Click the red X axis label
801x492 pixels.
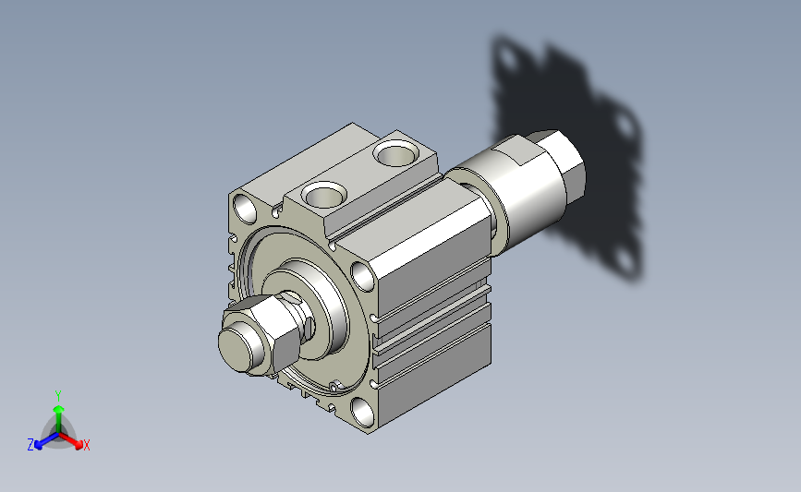click(86, 445)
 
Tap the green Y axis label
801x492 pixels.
click(58, 396)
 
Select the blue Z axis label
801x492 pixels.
click(30, 445)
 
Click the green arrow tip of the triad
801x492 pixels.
click(59, 409)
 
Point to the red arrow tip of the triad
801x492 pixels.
click(79, 445)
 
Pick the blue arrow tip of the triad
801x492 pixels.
click(39, 445)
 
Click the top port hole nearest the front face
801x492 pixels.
click(324, 196)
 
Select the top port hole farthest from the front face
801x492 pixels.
click(396, 153)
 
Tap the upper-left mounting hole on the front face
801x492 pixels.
click(245, 209)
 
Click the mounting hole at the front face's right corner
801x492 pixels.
click(363, 276)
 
